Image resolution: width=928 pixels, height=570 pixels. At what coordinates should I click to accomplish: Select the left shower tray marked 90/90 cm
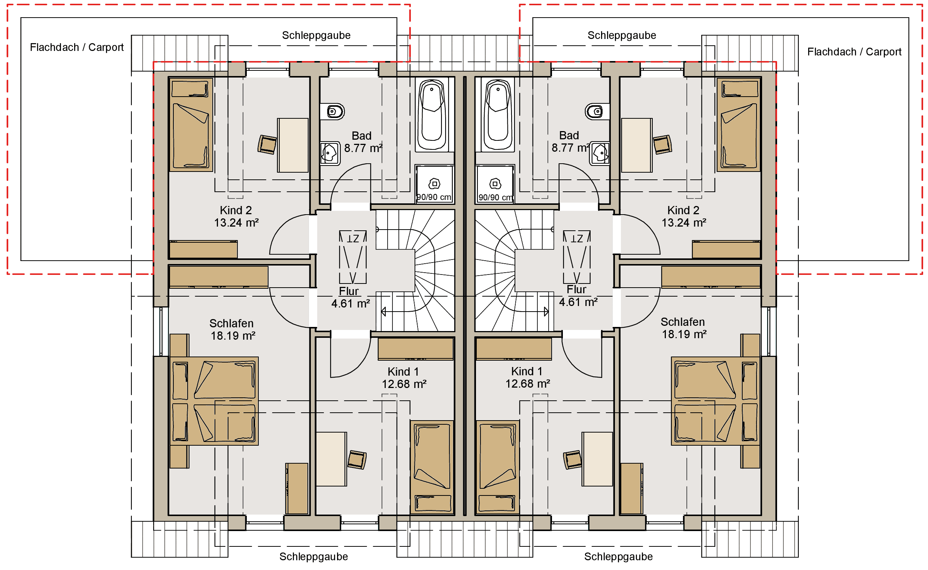pyautogui.click(x=434, y=184)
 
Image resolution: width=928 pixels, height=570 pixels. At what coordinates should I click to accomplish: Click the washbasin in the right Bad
pyautogui.click(x=600, y=153)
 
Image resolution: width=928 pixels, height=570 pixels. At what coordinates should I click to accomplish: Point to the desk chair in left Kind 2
pyautogui.click(x=267, y=145)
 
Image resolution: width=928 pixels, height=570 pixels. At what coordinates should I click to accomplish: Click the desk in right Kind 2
pyautogui.click(x=637, y=145)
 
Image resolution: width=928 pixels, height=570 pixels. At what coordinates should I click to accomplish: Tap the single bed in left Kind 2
pyautogui.click(x=191, y=124)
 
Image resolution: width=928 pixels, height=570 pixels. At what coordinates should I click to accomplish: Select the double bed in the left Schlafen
pyautogui.click(x=214, y=401)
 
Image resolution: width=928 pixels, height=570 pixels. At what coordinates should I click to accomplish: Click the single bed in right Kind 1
pyautogui.click(x=498, y=467)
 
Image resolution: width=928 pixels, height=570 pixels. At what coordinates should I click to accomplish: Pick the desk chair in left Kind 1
pyautogui.click(x=357, y=460)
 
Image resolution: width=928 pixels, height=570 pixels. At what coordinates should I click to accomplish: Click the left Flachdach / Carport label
pyautogui.click(x=77, y=48)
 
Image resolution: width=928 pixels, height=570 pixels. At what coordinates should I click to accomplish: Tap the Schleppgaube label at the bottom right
pyautogui.click(x=618, y=557)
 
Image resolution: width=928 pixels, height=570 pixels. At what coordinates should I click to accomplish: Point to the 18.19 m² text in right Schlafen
pyautogui.click(x=684, y=334)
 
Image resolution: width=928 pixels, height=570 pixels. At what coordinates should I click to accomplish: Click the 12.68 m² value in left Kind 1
pyautogui.click(x=404, y=384)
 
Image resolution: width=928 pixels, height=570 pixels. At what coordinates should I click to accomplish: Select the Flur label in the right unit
pyautogui.click(x=576, y=289)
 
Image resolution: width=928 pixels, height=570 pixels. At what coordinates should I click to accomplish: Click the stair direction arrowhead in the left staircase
pyautogui.click(x=383, y=311)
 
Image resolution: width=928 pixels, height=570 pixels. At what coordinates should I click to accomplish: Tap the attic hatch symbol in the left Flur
pyautogui.click(x=353, y=257)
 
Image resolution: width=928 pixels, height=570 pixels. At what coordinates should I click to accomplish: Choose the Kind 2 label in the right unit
pyautogui.click(x=683, y=210)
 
